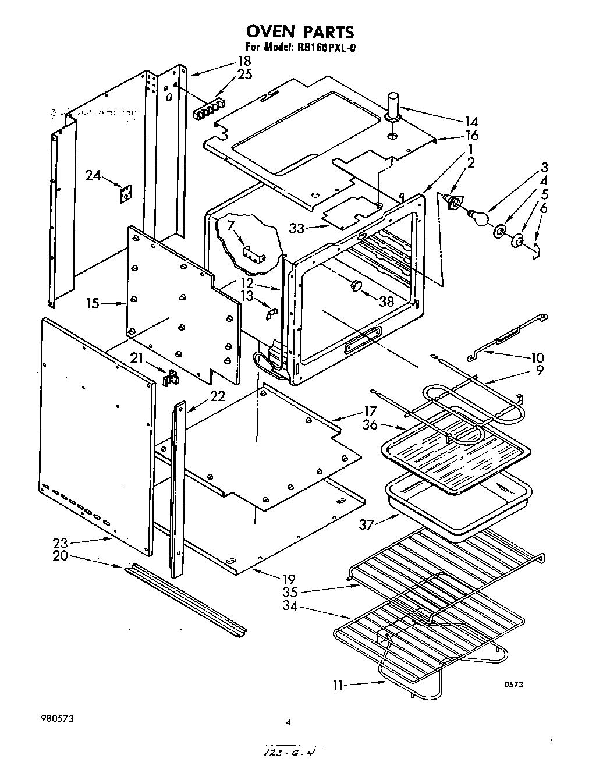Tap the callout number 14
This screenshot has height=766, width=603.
pos(471,122)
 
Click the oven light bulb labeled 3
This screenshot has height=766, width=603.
pos(478,216)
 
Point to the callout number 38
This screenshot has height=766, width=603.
pos(386,302)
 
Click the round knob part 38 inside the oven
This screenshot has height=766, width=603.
pos(356,285)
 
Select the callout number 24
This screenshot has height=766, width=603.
pos(93,175)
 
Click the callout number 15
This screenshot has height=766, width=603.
pos(93,303)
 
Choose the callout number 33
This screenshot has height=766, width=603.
pos(297,229)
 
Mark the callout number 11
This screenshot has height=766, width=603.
pos(338,685)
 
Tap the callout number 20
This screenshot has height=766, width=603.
pos(61,555)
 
